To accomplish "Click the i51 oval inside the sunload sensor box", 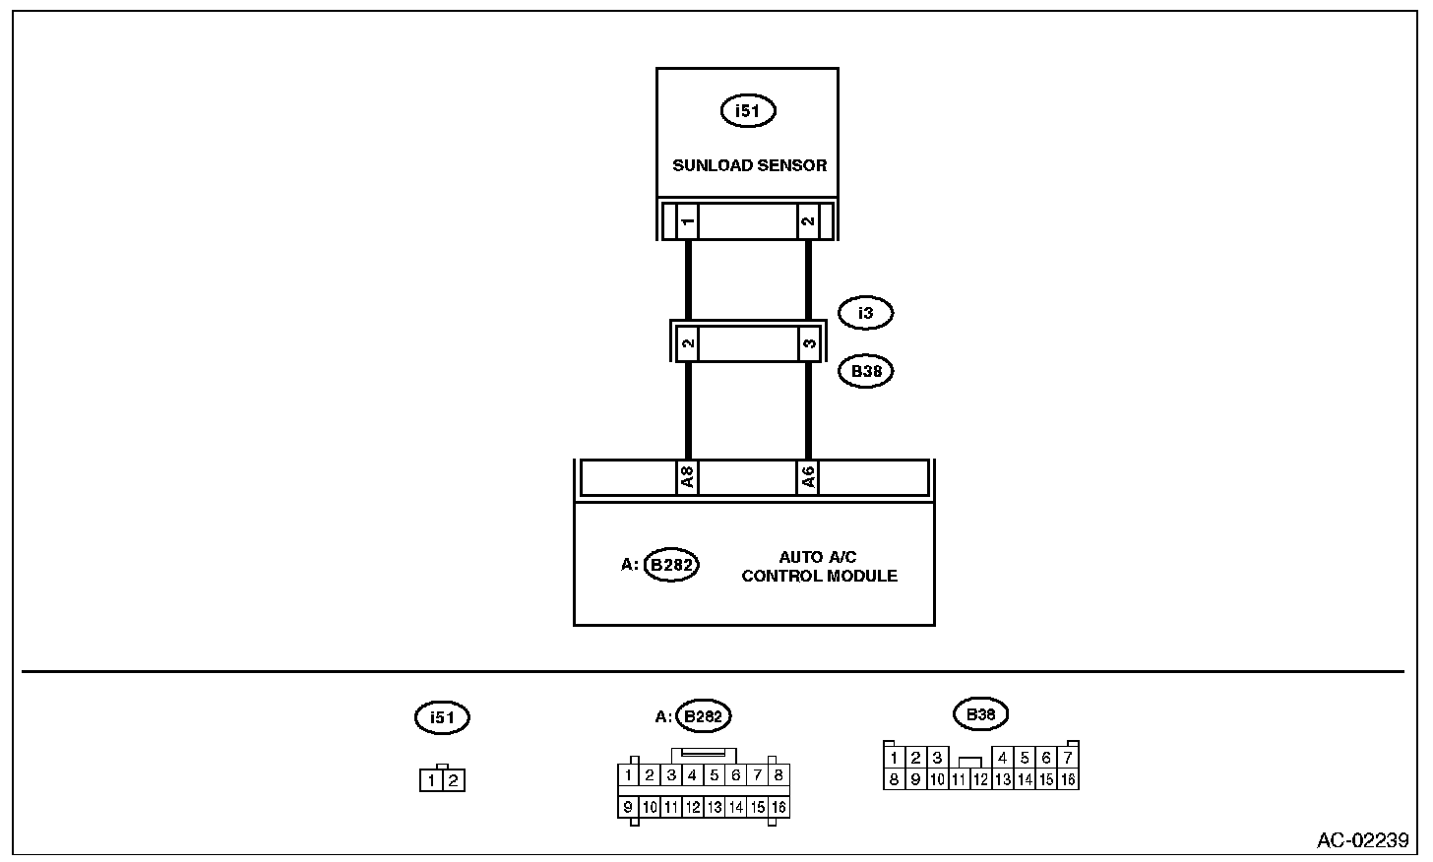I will point(748,111).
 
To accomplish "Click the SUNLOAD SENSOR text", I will point(749,165).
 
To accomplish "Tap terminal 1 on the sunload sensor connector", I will point(688,221).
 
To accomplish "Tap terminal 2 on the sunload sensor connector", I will point(808,221).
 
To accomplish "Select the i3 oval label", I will point(865,313).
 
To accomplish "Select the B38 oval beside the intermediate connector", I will point(865,372).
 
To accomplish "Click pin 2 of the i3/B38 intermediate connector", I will point(688,344).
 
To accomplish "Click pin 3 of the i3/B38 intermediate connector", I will point(808,344).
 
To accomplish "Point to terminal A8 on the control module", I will point(687,478).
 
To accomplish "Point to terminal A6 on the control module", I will point(807,478).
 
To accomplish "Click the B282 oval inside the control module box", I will point(671,565).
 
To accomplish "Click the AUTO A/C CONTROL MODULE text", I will point(819,567).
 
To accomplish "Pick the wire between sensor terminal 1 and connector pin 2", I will point(688,280).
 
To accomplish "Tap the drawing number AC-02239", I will point(1362,840).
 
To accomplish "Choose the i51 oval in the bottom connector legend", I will point(442,717).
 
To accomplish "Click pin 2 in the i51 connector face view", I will point(453,781).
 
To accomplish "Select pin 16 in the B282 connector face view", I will point(779,807).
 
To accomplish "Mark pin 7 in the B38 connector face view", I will point(1068,758).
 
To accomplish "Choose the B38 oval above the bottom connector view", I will point(981,714).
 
